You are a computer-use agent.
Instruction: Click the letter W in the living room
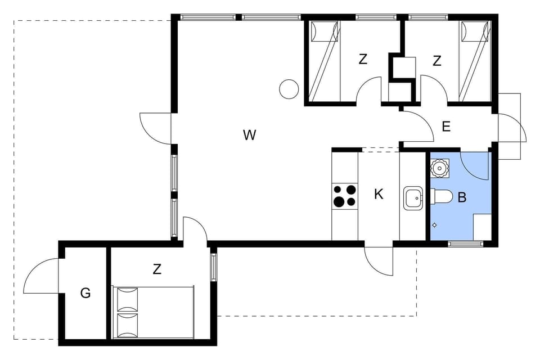pos(250,135)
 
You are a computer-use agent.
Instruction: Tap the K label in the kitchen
pos(379,195)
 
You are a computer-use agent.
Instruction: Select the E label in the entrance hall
pos(446,127)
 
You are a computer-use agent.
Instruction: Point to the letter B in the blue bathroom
pos(462,197)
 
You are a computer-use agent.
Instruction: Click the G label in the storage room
pos(85,293)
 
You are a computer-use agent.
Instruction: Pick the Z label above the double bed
pos(157,269)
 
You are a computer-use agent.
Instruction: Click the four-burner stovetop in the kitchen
pos(345,196)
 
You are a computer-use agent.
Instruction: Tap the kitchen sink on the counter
pos(413,197)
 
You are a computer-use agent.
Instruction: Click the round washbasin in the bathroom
pos(439,167)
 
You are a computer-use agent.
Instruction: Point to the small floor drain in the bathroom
pos(434,226)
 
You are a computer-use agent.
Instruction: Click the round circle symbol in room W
pos(289,89)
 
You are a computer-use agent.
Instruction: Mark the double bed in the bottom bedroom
pos(153,312)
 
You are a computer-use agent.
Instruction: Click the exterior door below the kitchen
pos(379,260)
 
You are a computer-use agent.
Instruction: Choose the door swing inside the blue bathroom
pos(475,165)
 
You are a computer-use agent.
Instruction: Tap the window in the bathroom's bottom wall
pos(465,244)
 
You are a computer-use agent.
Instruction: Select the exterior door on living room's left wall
pos(156,128)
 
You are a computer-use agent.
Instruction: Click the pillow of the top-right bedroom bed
pos(474,31)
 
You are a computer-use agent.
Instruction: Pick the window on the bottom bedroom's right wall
pos(214,267)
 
